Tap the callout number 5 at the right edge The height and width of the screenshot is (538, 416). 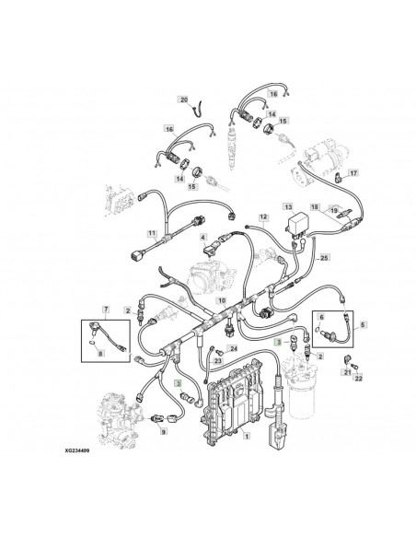(x=360, y=325)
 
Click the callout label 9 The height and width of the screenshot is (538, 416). (x=163, y=430)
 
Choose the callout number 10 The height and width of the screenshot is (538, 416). (x=220, y=301)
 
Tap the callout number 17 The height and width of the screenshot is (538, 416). (x=353, y=171)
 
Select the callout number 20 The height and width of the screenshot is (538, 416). (x=182, y=99)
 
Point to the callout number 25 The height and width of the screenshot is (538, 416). (x=323, y=260)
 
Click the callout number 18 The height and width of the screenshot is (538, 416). (x=314, y=208)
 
